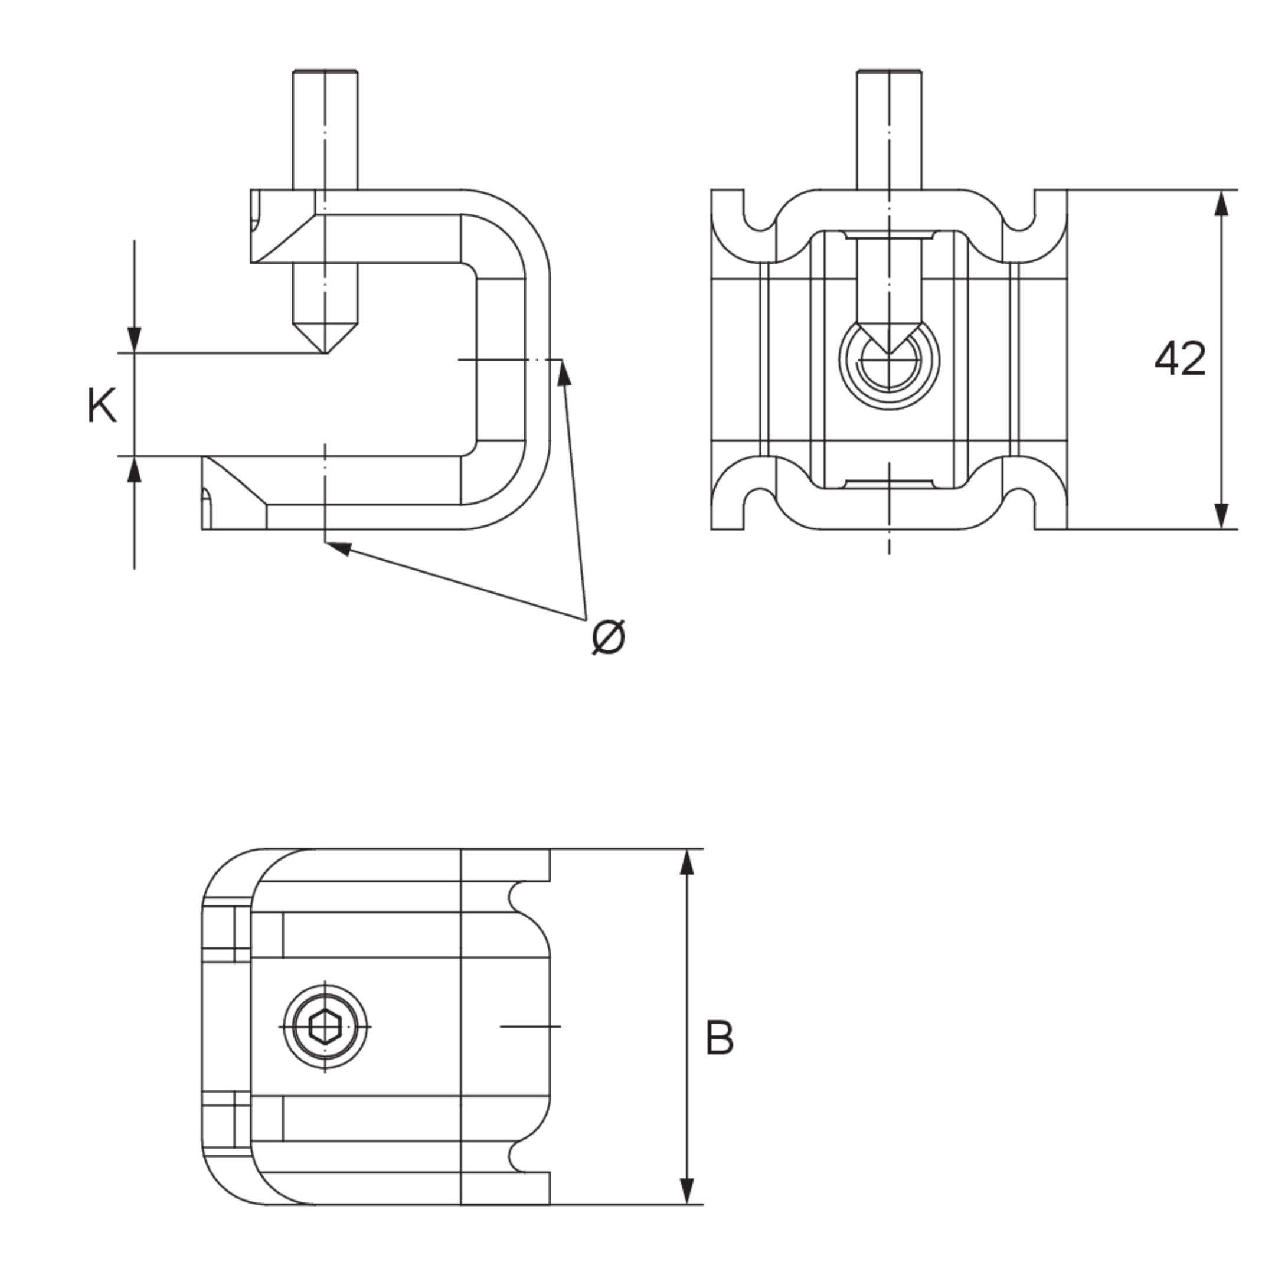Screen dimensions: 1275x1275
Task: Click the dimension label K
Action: (102, 407)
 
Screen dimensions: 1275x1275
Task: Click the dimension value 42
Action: (1180, 359)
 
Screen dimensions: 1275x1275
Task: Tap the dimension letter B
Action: (720, 1039)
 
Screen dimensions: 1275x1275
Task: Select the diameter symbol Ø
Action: (608, 637)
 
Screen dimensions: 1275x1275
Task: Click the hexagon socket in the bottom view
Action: (325, 1027)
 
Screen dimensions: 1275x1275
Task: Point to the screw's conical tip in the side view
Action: (325, 337)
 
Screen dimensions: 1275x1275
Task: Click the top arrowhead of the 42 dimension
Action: (1221, 202)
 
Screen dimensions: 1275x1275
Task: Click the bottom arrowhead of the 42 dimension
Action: (1221, 516)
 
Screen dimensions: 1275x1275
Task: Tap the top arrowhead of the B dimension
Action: (687, 862)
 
